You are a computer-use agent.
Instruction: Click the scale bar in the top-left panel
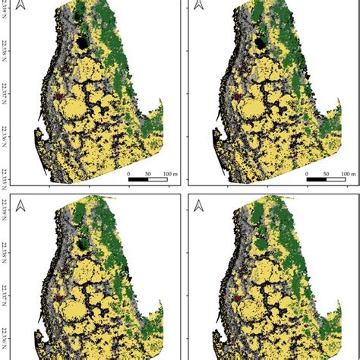[x=147, y=180]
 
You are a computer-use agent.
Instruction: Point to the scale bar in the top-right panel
[x=326, y=180]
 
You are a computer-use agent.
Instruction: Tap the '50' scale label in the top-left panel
[x=147, y=173]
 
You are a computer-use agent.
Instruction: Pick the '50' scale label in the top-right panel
[x=326, y=173]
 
